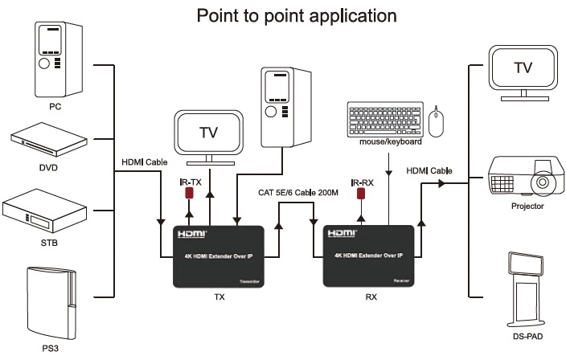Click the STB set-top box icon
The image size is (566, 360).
click(49, 212)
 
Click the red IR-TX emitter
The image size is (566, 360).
click(190, 194)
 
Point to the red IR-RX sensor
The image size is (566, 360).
click(362, 194)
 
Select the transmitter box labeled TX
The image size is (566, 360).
click(219, 256)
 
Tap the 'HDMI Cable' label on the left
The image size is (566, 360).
click(144, 162)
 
